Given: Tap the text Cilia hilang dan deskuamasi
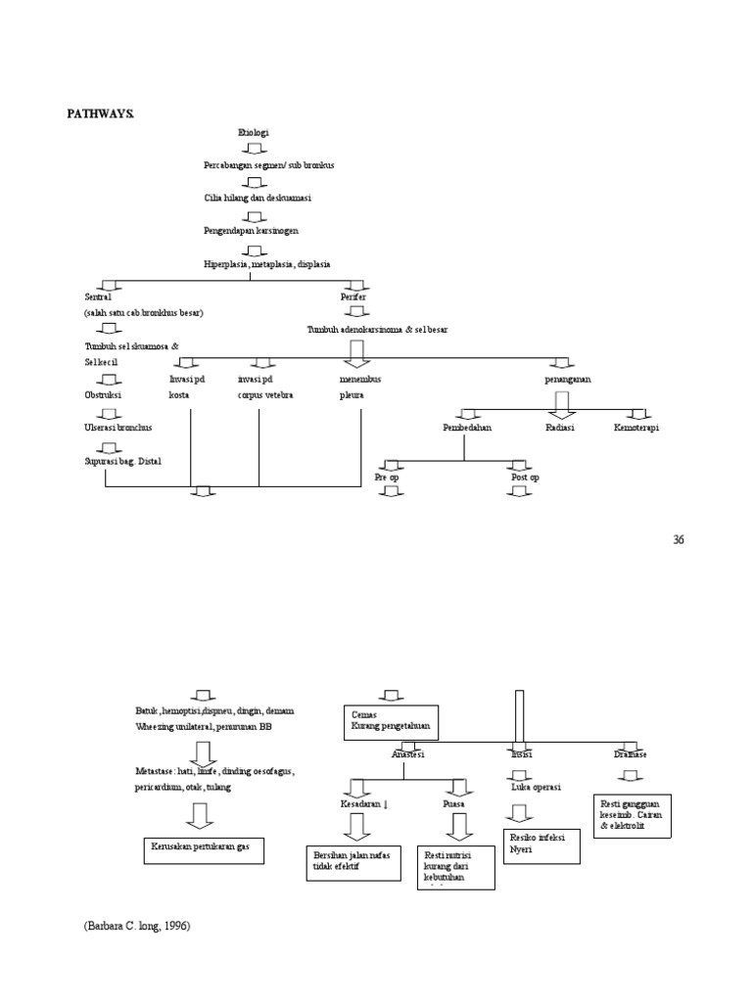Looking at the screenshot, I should tap(257, 198).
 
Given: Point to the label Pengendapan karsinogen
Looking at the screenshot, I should tap(252, 231).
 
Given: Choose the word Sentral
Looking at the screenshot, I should tap(98, 296).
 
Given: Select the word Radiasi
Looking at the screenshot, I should tap(560, 428).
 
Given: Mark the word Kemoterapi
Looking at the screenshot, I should tap(636, 428).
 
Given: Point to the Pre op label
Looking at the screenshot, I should tap(388, 477).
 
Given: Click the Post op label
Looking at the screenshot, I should tap(524, 477).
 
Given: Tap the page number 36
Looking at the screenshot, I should tap(680, 539).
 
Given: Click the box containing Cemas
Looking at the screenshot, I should tap(390, 721).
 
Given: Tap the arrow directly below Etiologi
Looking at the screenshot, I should tap(253, 149).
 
